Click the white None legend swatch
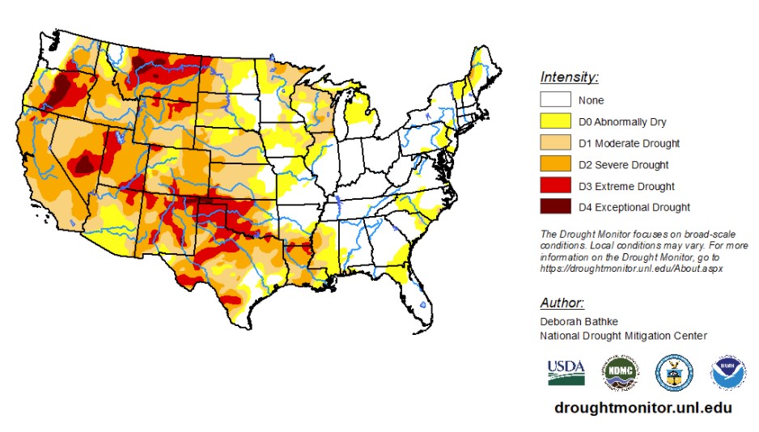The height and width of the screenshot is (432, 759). point(555,100)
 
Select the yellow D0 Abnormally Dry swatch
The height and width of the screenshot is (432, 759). point(555,122)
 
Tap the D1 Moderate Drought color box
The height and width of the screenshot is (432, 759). point(555,143)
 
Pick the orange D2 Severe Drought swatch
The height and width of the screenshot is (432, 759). point(555,164)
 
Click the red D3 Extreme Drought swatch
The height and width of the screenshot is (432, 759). point(555,185)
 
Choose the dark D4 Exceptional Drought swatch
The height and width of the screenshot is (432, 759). point(555,207)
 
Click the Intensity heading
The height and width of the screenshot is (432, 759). point(569,78)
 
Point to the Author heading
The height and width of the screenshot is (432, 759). point(562,303)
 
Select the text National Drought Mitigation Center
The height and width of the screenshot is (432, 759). point(623,336)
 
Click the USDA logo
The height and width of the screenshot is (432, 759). point(566,371)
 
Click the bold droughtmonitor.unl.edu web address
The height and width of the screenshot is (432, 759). point(642,408)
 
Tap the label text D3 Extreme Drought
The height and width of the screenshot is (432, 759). point(627,186)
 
